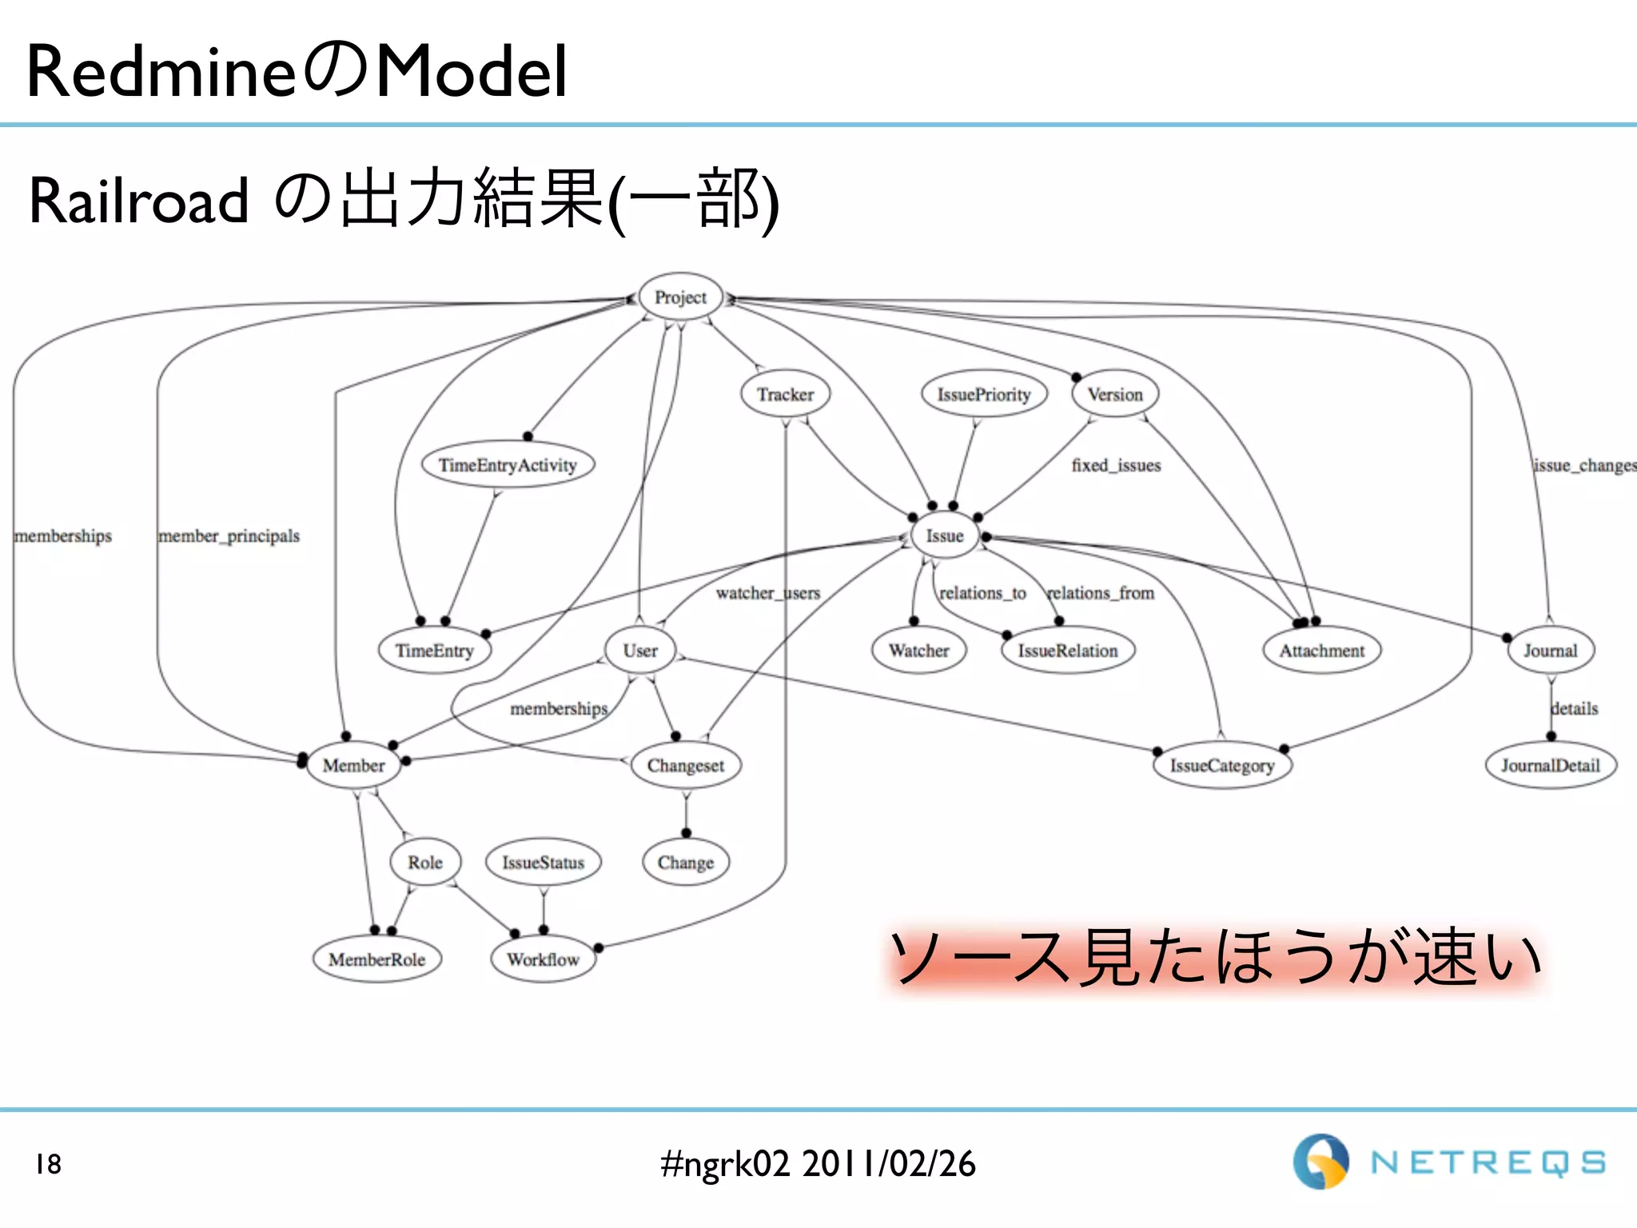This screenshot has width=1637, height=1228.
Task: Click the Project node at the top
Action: click(x=680, y=297)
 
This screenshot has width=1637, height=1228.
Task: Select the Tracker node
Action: click(x=785, y=394)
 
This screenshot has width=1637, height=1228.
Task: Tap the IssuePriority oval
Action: click(x=984, y=394)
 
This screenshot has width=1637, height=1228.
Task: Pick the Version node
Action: click(x=1115, y=394)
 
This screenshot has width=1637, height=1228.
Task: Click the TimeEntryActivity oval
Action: click(x=508, y=465)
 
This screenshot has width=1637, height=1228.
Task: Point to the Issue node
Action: click(x=945, y=536)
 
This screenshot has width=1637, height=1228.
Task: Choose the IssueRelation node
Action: click(x=1068, y=651)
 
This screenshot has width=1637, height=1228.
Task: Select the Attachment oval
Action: click(x=1322, y=651)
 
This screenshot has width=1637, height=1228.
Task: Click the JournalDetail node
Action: click(x=1551, y=766)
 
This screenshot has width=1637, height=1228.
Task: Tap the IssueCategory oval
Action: click(x=1222, y=766)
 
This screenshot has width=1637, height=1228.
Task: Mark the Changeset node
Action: click(x=686, y=766)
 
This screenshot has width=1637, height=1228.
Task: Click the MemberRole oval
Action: click(x=376, y=959)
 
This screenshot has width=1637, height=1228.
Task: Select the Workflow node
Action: click(x=543, y=959)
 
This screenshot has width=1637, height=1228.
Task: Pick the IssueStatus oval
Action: click(x=544, y=863)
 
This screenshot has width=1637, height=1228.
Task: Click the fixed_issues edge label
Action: click(x=1116, y=465)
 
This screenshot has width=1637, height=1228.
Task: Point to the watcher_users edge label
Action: click(x=767, y=593)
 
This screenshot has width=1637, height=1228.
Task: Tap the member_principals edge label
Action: click(x=229, y=536)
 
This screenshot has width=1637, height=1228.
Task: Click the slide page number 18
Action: click(x=48, y=1164)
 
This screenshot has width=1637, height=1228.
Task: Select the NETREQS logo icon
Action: click(x=1320, y=1162)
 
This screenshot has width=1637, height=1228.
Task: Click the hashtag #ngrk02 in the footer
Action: click(x=725, y=1164)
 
